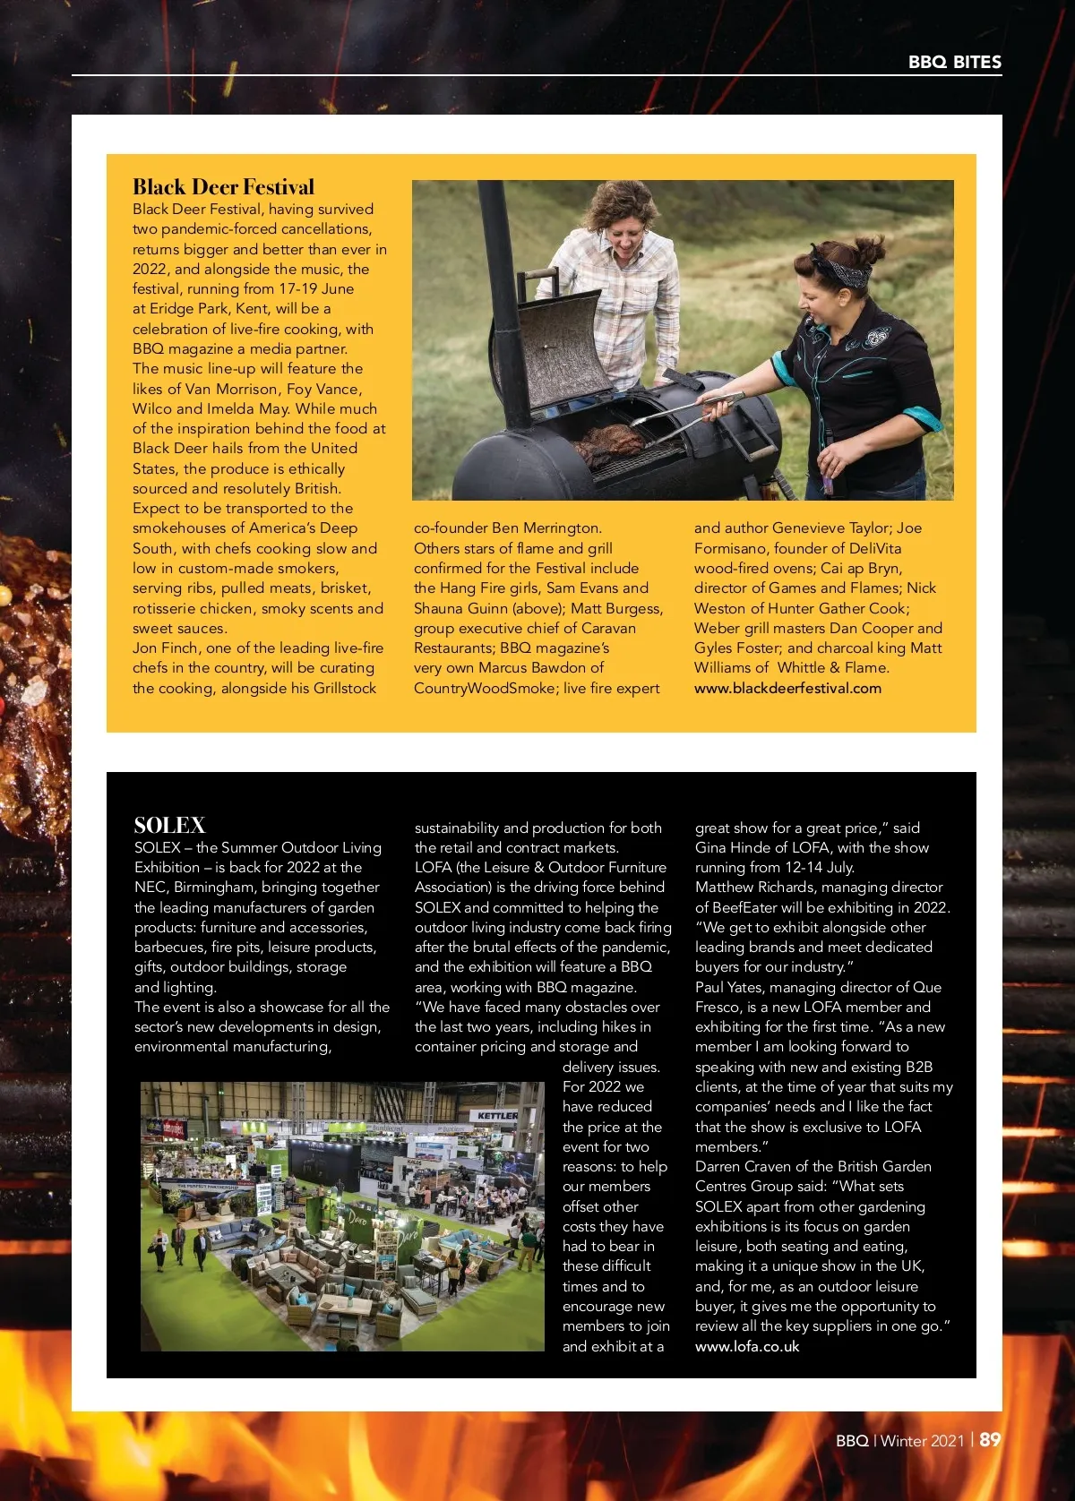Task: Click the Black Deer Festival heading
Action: click(x=224, y=187)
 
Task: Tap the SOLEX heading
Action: click(x=169, y=825)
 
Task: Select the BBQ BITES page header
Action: click(x=954, y=62)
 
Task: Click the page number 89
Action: click(x=990, y=1440)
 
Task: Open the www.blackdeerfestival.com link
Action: click(x=787, y=689)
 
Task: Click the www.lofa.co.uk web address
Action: click(x=747, y=1347)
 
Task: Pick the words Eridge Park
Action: click(x=189, y=309)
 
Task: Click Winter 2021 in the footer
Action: click(x=922, y=1441)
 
